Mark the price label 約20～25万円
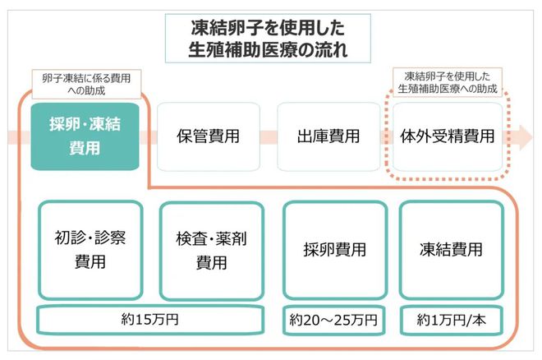[x=333, y=318]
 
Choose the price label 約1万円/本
[x=450, y=318]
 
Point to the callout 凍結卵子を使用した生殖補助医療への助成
[x=447, y=81]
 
